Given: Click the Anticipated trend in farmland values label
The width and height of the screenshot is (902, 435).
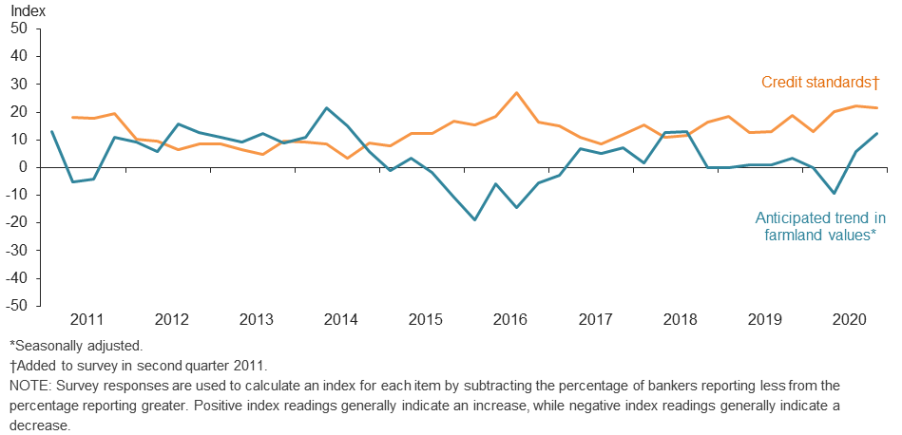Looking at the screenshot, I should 820,226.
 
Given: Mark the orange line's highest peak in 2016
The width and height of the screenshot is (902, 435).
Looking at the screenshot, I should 515,93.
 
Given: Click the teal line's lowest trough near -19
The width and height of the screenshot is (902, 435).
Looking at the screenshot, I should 473,219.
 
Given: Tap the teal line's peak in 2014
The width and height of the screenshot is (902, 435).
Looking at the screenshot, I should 326,108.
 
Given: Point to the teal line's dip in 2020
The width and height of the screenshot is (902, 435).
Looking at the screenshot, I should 834,194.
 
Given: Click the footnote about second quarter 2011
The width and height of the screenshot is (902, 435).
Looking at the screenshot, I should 140,366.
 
